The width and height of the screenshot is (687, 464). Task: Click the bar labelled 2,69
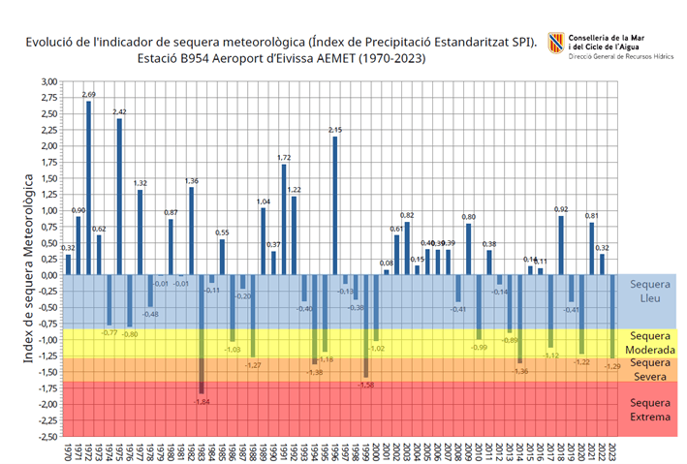[89, 188]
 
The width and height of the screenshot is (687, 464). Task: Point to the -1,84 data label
[202, 401]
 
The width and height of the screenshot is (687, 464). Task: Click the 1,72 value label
[284, 157]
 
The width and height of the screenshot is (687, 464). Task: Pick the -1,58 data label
[365, 385]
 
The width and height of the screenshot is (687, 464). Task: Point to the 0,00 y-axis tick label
[47, 275]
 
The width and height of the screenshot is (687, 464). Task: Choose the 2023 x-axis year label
[613, 452]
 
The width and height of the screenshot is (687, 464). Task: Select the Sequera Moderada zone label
[649, 341]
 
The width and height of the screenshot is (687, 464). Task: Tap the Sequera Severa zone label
[649, 369]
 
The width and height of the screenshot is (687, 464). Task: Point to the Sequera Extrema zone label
[649, 410]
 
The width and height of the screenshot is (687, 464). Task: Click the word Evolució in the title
[53, 43]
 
